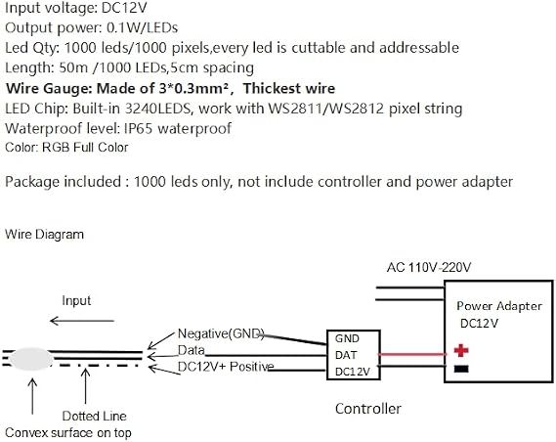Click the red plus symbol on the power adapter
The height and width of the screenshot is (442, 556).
click(461, 350)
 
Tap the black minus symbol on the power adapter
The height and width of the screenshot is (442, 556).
click(461, 369)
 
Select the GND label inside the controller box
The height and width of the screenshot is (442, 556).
click(347, 338)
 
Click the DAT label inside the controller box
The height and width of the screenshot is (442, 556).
click(346, 355)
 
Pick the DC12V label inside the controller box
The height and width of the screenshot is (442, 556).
click(353, 372)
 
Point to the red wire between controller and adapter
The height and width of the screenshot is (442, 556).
click(413, 354)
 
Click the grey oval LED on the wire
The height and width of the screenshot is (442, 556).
click(31, 359)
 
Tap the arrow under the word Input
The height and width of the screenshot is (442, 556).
click(82, 321)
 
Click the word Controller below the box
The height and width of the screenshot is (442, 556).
click(368, 409)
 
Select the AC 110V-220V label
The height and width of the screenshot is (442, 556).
click(429, 267)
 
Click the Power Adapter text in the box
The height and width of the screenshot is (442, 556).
click(499, 306)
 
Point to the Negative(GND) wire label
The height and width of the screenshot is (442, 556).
click(221, 333)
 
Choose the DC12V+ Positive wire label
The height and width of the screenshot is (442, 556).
click(226, 367)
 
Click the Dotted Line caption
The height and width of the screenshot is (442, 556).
click(95, 416)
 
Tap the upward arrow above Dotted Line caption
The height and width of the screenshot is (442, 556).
click(85, 386)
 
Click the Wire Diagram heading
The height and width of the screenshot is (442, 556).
click(45, 234)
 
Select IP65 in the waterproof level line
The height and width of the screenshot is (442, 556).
click(139, 128)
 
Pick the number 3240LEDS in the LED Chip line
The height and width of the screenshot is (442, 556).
click(157, 109)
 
